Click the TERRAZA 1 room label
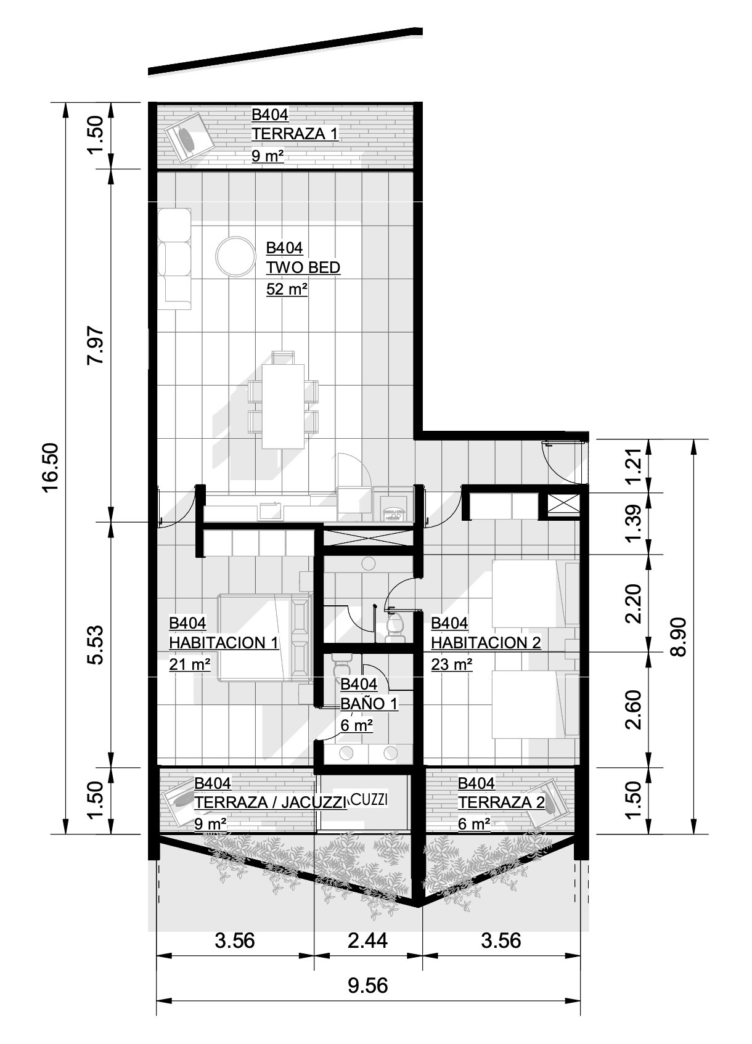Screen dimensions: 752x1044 click(295, 134)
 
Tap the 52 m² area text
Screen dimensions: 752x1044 click(287, 289)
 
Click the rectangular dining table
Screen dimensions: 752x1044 click(284, 406)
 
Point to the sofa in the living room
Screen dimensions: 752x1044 click(174, 259)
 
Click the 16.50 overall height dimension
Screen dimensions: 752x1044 click(51, 467)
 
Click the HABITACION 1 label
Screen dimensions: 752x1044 click(224, 643)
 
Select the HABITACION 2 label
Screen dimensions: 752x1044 click(486, 643)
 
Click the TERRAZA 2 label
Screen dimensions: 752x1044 click(501, 802)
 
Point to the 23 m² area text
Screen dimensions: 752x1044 click(451, 664)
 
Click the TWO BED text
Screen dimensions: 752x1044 click(303, 267)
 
